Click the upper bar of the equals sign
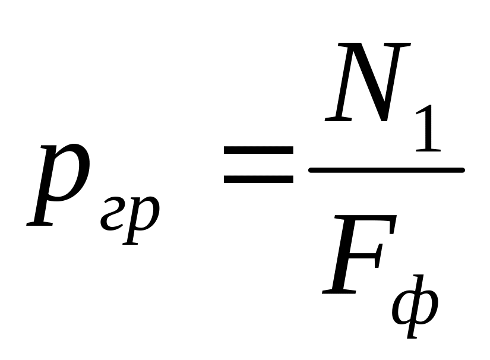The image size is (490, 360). point(258,151)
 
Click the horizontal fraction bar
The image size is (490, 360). point(386,170)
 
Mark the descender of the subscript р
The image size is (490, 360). point(132,235)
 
